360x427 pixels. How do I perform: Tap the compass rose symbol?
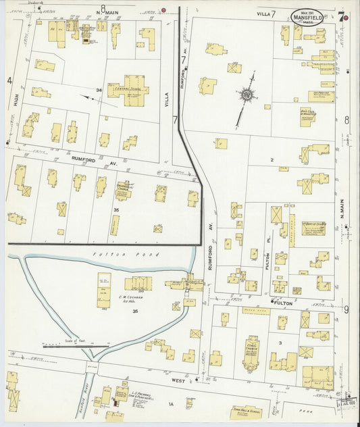[247, 96]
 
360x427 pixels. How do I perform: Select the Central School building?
[128, 90]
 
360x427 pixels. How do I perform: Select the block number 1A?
[171, 404]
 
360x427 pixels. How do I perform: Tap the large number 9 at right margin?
[346, 309]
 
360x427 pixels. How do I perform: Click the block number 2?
[272, 159]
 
